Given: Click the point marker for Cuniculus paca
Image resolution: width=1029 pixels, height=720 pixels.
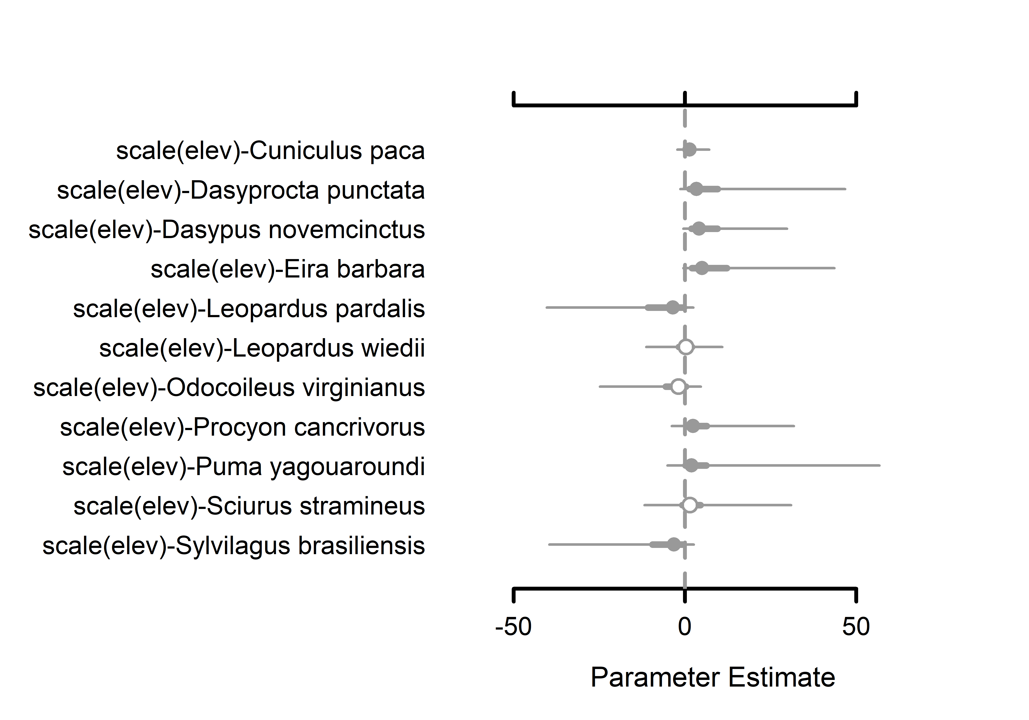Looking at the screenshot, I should tap(690, 150).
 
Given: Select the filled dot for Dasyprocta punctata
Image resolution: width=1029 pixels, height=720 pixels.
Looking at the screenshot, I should tap(696, 189).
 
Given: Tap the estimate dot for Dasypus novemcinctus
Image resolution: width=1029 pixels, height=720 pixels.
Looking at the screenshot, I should tap(699, 228).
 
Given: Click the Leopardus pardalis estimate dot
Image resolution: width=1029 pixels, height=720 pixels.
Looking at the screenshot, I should tap(673, 307).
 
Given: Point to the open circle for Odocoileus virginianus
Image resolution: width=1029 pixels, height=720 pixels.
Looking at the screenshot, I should tap(678, 386).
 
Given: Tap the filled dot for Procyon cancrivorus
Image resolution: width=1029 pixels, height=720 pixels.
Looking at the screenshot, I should tap(693, 426).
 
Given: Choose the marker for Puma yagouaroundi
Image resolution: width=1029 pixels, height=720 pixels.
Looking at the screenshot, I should tap(692, 465).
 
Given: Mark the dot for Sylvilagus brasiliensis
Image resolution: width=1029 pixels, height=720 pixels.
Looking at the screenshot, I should tap(674, 544).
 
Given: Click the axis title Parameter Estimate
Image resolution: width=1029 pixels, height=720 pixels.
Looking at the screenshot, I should tap(713, 677).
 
